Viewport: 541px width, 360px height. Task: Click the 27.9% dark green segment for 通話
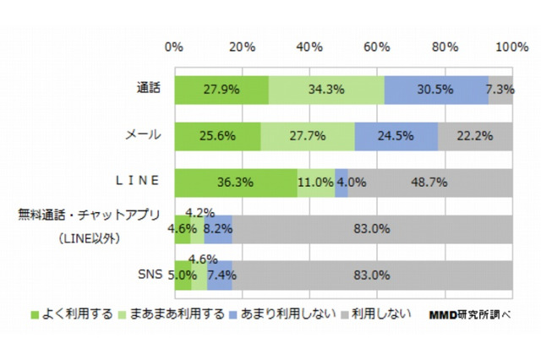click(x=221, y=90)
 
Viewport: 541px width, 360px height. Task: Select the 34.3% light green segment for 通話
click(x=326, y=90)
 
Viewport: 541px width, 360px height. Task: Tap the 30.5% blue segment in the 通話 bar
click(x=436, y=90)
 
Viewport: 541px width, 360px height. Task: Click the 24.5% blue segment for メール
click(x=396, y=136)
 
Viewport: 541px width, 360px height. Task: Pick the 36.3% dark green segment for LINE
click(x=236, y=183)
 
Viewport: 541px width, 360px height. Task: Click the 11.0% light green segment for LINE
click(x=315, y=183)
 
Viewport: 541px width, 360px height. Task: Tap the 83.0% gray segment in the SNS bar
click(x=373, y=275)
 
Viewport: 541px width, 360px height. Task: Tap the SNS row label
click(x=150, y=275)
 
